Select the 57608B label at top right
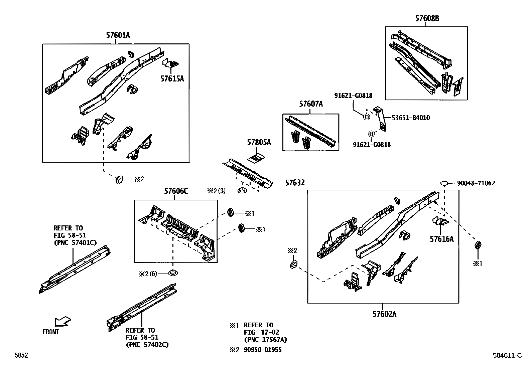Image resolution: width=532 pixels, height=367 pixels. [427, 19]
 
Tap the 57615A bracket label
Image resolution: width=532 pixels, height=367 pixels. [172, 79]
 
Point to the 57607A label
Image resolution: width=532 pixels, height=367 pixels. [311, 104]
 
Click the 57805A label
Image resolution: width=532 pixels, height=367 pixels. [259, 143]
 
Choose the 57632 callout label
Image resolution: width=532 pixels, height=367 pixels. [295, 183]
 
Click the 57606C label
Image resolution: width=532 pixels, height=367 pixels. [176, 191]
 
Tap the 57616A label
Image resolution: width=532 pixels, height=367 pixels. [441, 239]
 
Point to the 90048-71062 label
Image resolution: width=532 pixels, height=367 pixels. [476, 183]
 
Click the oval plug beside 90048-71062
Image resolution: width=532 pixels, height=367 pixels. [444, 183]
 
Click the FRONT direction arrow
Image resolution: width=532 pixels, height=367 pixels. [63, 322]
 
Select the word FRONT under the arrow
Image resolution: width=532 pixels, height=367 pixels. [50, 332]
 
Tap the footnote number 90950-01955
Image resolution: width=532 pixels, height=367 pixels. [263, 350]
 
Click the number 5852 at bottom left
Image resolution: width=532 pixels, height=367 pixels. [21, 356]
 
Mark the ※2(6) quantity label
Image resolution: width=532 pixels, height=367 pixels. [148, 273]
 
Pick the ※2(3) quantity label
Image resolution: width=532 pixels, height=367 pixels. [216, 191]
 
